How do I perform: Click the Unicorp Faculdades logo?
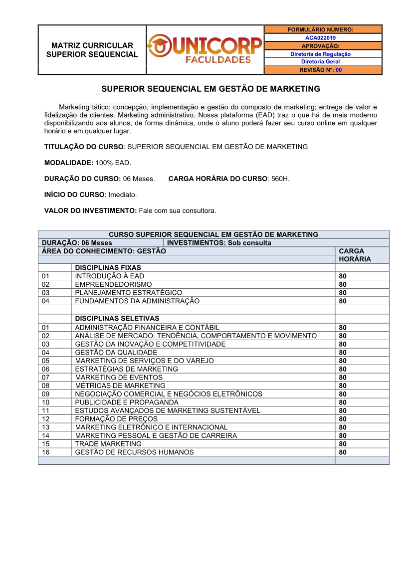(x=205, y=50)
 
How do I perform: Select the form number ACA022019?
(x=320, y=38)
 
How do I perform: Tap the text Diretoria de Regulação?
(x=320, y=54)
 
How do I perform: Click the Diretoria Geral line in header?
(x=320, y=62)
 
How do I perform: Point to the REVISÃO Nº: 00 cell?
(x=320, y=70)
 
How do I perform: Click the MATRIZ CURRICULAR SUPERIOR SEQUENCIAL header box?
(x=92, y=50)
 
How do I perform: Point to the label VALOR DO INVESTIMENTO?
(x=90, y=210)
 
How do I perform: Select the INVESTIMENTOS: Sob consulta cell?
(x=219, y=243)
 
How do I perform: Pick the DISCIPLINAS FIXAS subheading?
(x=108, y=268)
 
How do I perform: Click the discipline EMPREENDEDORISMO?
(x=113, y=284)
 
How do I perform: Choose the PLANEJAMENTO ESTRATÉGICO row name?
(x=128, y=293)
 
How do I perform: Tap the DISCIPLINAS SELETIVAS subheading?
(x=117, y=318)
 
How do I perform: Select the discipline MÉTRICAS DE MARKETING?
(x=120, y=386)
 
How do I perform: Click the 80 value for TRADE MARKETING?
(x=343, y=444)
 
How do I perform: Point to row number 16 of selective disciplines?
(x=46, y=452)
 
